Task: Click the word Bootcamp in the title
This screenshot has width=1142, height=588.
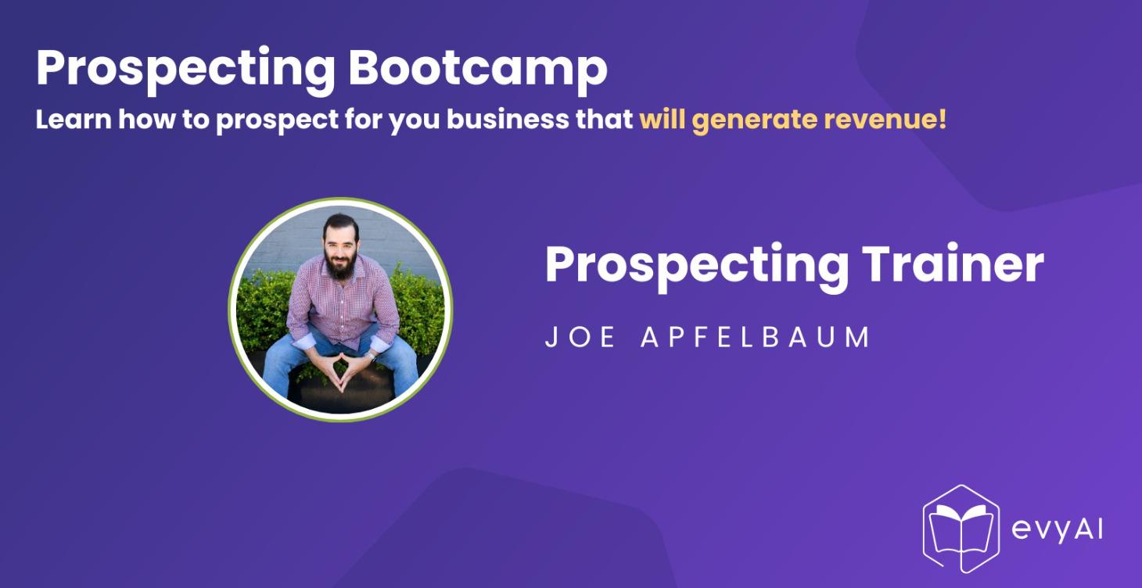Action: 477,69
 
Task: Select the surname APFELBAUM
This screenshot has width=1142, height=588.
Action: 756,338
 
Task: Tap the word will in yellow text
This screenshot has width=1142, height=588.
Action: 661,120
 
